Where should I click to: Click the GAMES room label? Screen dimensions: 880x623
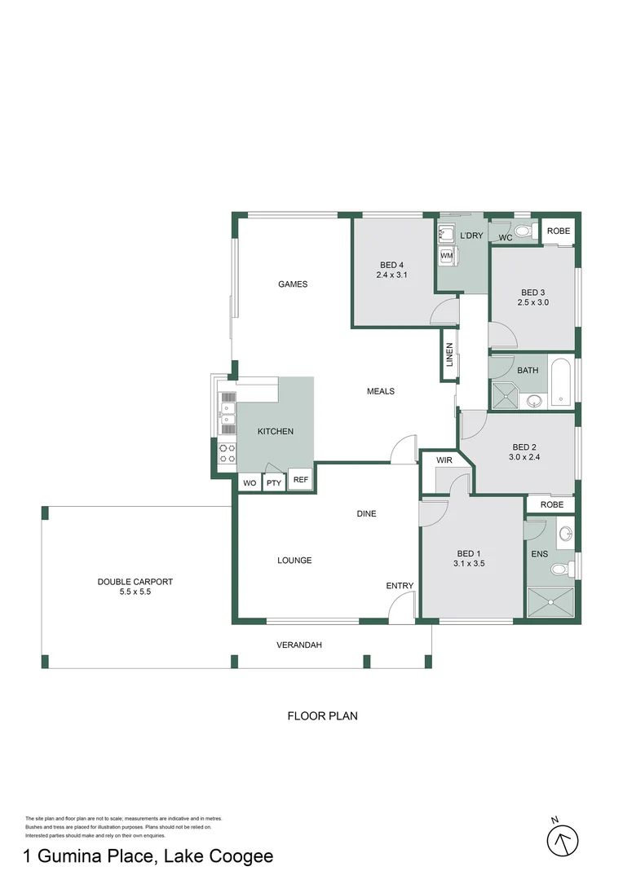coord(292,284)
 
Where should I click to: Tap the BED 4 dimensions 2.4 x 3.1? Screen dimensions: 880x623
coord(391,275)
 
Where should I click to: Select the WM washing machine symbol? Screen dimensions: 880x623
coord(446,256)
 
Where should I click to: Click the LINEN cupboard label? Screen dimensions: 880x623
coord(448,354)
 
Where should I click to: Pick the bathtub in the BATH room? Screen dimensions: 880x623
coord(562,381)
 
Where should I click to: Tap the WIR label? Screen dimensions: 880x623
coord(444,460)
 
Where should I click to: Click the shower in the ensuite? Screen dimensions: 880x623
coord(552,605)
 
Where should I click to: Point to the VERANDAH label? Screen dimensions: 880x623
coord(299,645)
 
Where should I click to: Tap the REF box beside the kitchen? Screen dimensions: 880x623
coord(300,480)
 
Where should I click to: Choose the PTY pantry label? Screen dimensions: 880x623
coord(274,483)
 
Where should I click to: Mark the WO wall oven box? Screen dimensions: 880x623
coord(250,483)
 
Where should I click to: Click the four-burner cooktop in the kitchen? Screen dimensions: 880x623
coord(227,454)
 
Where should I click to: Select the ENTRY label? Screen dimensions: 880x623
coord(400,586)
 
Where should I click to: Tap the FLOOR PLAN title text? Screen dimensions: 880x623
coord(322,716)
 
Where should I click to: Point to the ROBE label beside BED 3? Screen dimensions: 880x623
coord(559,231)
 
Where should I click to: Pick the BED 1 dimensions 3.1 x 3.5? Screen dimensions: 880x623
coord(469,562)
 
